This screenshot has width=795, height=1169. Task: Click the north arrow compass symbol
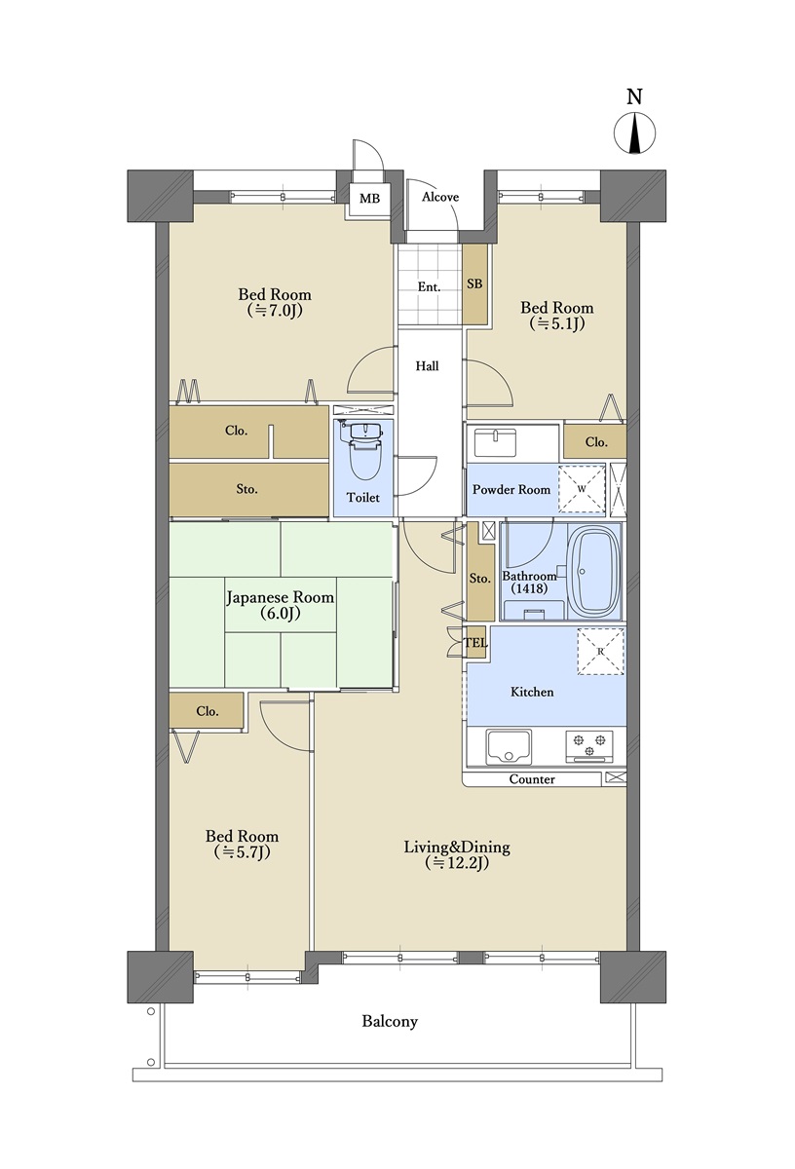click(x=634, y=133)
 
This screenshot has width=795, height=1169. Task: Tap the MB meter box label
click(x=369, y=199)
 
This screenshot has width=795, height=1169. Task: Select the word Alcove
click(x=440, y=197)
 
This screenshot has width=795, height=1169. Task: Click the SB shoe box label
click(x=474, y=283)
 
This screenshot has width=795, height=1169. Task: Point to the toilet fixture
click(x=365, y=449)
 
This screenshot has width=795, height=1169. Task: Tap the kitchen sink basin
click(x=508, y=746)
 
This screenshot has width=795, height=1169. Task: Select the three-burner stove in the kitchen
click(x=589, y=745)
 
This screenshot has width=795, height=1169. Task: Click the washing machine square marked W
click(x=582, y=488)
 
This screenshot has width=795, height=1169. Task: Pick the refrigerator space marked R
click(x=601, y=652)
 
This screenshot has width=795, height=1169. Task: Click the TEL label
click(x=476, y=643)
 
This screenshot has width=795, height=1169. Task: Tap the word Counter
click(x=532, y=779)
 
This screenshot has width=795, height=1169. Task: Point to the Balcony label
click(x=390, y=1022)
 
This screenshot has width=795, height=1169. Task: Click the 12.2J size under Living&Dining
click(x=457, y=864)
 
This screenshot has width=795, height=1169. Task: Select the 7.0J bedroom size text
click(x=275, y=311)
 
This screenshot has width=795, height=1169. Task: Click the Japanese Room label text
click(x=280, y=597)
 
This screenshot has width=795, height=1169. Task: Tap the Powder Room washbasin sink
click(x=495, y=442)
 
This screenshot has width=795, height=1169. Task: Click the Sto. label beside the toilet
click(x=246, y=489)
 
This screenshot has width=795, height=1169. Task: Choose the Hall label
click(x=427, y=366)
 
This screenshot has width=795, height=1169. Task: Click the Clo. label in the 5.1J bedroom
click(x=596, y=442)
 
